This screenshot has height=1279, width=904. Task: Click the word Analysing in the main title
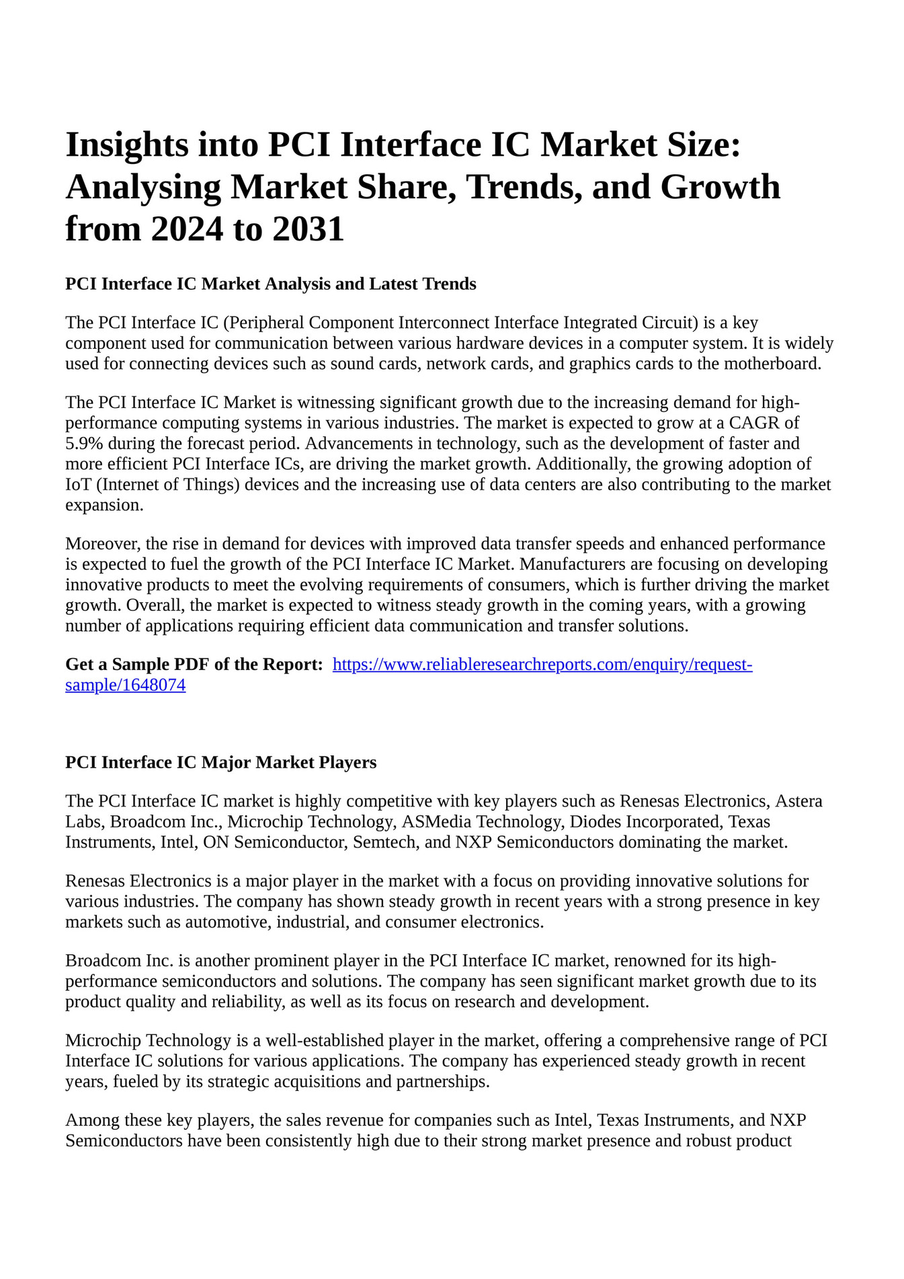143,188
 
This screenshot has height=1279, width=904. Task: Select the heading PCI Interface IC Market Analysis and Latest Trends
270,284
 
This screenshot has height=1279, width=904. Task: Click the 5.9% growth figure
84,444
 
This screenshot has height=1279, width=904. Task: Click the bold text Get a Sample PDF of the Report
194,665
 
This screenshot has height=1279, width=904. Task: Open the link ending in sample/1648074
125,686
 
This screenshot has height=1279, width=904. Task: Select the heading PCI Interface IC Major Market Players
220,762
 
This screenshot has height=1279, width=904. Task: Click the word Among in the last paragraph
89,1120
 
